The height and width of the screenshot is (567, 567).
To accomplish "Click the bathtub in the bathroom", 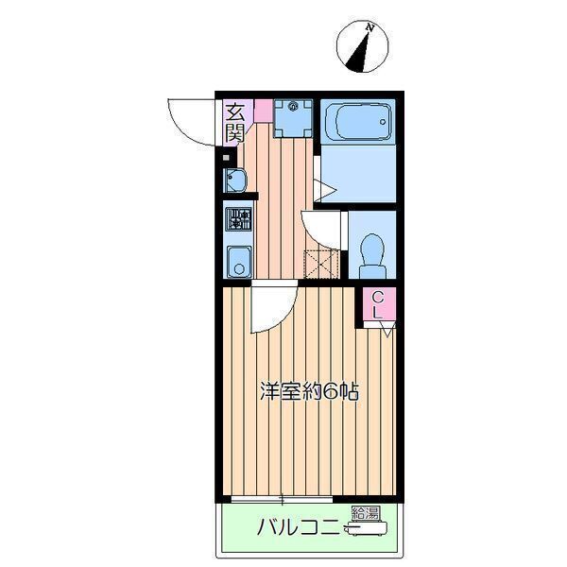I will [x=356, y=121].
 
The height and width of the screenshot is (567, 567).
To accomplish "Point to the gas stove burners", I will [x=239, y=220].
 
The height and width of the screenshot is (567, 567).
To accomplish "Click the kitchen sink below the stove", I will [x=239, y=259].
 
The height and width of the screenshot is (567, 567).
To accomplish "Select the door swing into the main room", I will [x=271, y=309].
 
